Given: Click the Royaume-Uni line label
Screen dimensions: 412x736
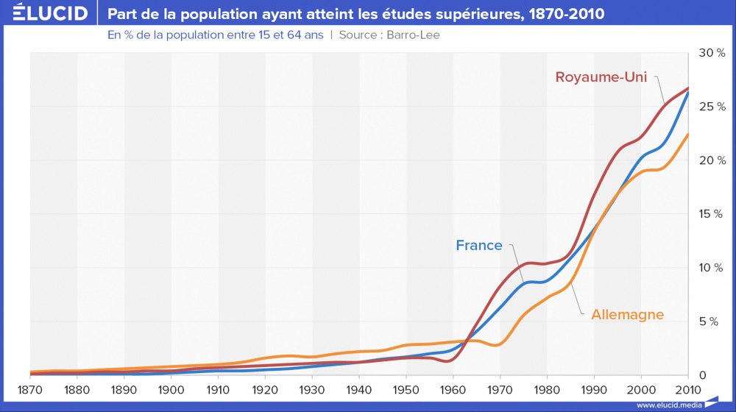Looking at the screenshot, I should (601, 77).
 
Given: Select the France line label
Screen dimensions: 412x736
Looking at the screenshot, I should (479, 246).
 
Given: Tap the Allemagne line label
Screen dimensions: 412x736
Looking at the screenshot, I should (628, 315).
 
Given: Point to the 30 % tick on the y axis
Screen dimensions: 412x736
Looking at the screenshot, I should (712, 53).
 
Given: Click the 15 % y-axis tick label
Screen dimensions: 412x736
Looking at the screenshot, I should (712, 214).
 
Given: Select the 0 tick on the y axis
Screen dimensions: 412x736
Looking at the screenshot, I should (702, 375).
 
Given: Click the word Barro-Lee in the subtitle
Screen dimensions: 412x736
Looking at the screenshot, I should (414, 35).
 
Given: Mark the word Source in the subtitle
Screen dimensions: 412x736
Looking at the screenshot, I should (359, 35).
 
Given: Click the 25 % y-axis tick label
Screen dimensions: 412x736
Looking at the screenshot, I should (712, 107).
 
